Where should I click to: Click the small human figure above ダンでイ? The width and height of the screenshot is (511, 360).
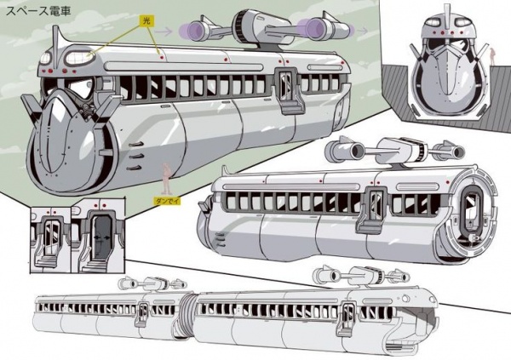168,175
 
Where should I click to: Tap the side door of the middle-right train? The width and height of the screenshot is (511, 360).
371,207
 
